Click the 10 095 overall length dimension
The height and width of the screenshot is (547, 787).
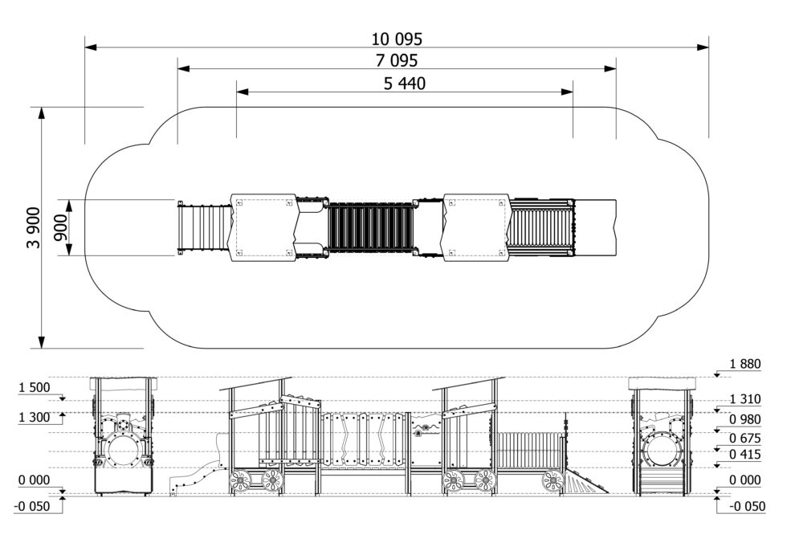coord(397,39)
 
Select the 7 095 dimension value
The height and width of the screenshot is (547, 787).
coord(397,61)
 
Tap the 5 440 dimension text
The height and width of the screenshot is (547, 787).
coord(405,84)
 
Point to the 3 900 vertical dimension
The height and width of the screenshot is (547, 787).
coord(33,227)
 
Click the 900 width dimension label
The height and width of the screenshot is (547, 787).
coord(59,227)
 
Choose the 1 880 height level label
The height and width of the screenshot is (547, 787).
coord(745,364)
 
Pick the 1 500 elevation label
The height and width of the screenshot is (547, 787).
coord(34,387)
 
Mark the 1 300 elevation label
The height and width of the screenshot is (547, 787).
coord(34,418)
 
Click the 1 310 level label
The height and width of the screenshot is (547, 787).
coord(745,399)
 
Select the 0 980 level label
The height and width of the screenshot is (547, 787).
coord(745,419)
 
